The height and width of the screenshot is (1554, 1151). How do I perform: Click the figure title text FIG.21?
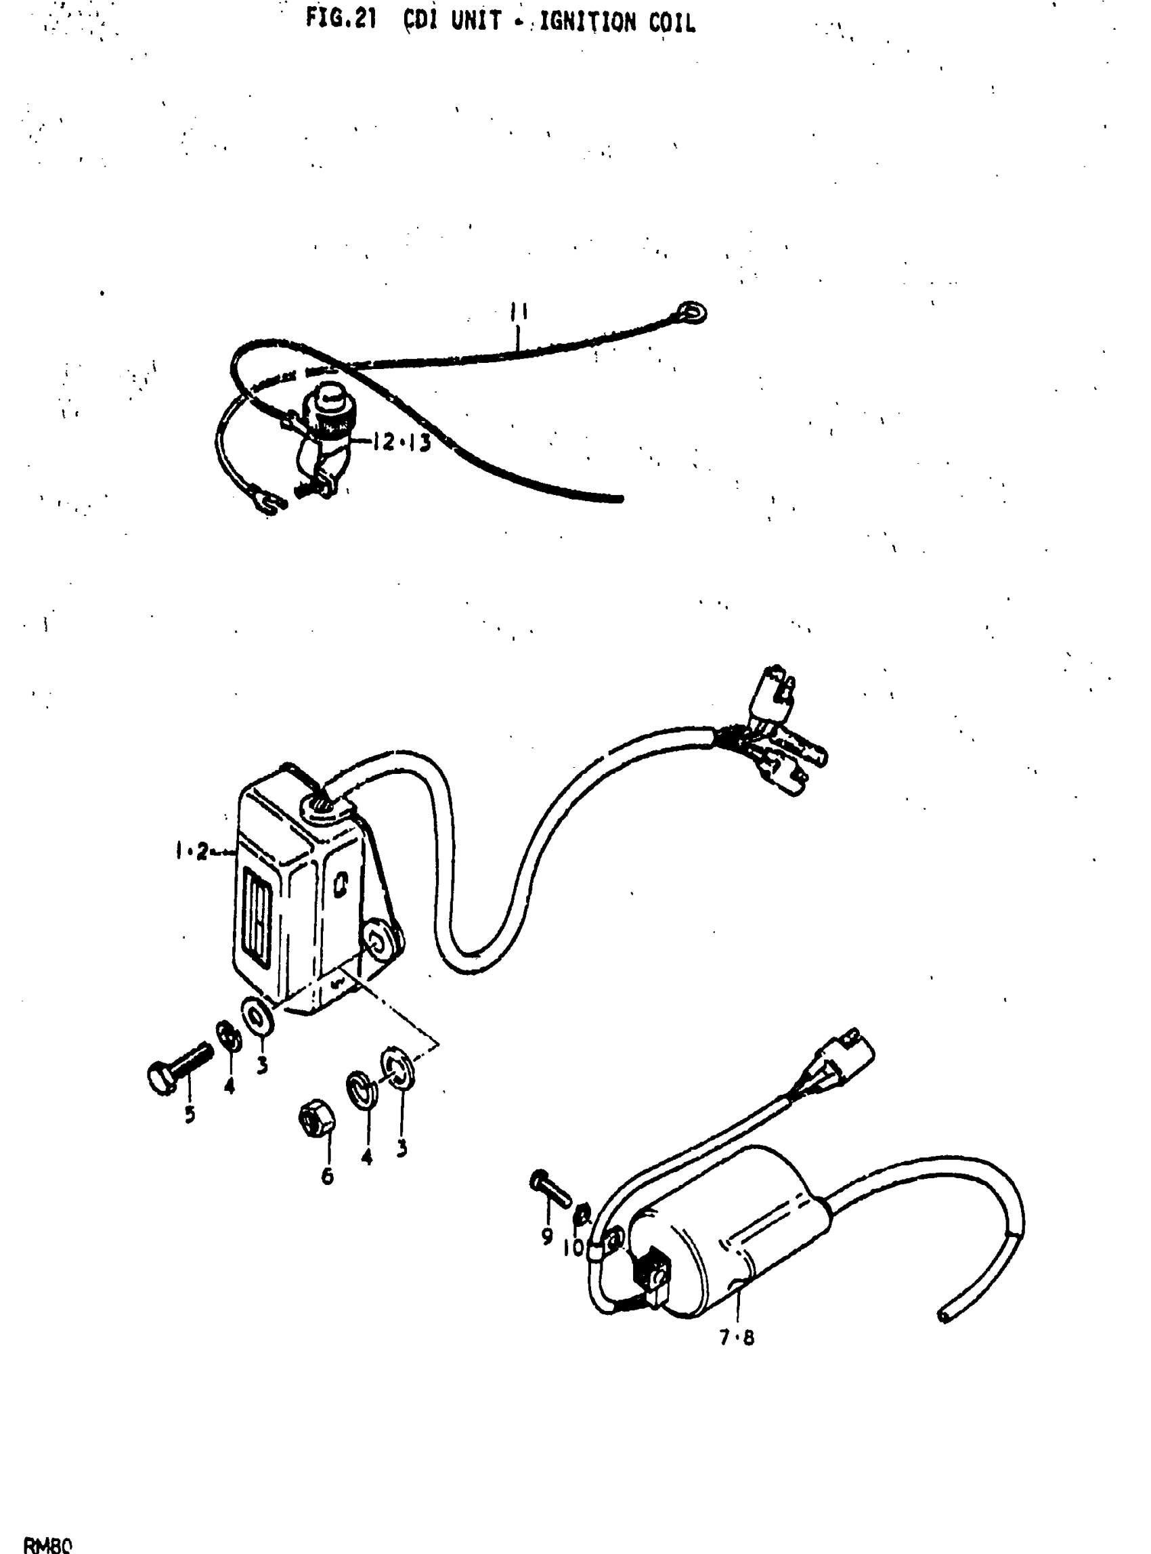(x=341, y=20)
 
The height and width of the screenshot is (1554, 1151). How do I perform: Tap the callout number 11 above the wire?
(x=518, y=311)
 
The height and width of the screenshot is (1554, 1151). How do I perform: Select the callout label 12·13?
(x=401, y=443)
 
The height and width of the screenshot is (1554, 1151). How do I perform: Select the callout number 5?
(x=190, y=1115)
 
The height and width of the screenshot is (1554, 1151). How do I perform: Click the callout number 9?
(x=547, y=1236)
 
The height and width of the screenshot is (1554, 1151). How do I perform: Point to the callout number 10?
(x=573, y=1247)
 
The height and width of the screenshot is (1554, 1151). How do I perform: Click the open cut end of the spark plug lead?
(x=944, y=1314)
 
